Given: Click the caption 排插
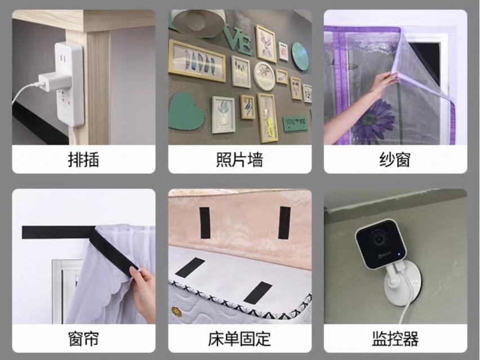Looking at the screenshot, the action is (x=83, y=160).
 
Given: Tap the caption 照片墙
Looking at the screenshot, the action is (x=239, y=160).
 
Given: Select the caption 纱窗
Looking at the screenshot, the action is (x=395, y=160).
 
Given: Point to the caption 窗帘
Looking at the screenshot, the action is (x=83, y=339).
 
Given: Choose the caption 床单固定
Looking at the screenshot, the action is (x=239, y=339).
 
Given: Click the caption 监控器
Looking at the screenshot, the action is (x=395, y=339).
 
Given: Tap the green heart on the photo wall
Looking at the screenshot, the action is (x=185, y=112).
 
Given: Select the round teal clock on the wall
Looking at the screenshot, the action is (x=300, y=56).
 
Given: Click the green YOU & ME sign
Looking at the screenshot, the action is (x=295, y=123).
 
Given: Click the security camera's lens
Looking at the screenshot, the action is (x=377, y=239).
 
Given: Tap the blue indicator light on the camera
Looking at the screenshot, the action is (x=399, y=254).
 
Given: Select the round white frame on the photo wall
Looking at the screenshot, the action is (x=264, y=76).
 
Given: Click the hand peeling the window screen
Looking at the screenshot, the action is (x=383, y=83).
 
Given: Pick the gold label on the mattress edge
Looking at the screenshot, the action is (x=176, y=312).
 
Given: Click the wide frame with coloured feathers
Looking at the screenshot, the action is (x=197, y=61).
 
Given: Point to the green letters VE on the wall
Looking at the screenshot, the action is (x=239, y=40).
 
